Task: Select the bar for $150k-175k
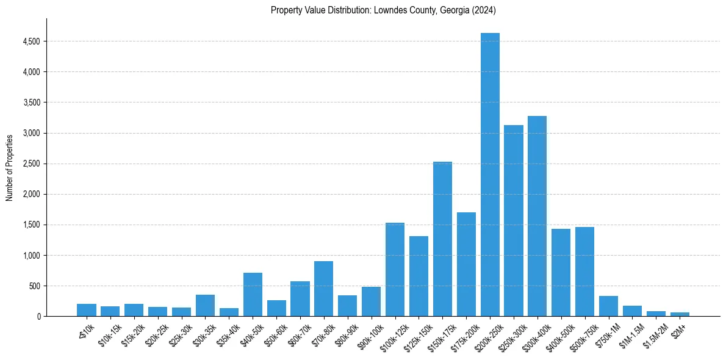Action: tap(442, 239)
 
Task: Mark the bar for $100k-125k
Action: tap(395, 269)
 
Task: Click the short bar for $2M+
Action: tap(680, 314)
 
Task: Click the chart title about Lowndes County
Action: tap(383, 10)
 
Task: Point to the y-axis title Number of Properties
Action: tap(10, 168)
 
